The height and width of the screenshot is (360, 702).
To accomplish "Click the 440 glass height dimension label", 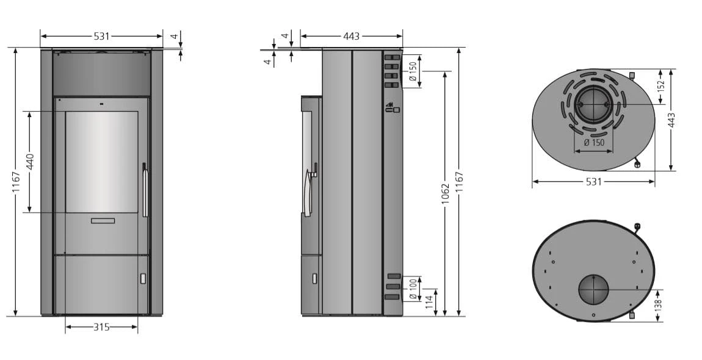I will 29,162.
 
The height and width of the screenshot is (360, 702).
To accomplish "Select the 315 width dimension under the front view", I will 101,327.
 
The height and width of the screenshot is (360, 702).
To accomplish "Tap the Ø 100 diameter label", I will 413,289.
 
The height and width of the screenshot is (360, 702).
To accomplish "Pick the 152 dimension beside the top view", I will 660,87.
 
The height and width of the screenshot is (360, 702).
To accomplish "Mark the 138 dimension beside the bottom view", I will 657,305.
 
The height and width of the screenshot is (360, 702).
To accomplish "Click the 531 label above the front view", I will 101,37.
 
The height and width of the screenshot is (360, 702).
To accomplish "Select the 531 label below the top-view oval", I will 594,182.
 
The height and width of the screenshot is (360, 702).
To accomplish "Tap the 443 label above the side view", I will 351,37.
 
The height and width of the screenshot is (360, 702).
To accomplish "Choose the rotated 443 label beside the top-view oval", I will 671,120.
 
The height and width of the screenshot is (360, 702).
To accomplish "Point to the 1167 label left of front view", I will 16,182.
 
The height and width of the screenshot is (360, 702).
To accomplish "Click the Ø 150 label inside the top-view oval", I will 594,142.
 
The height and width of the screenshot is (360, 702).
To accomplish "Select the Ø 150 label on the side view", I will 413,71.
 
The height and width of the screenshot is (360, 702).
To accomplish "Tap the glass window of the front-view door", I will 101,162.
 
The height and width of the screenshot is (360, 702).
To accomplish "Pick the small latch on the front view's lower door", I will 143,278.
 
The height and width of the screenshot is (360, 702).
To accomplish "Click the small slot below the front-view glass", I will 103,220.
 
